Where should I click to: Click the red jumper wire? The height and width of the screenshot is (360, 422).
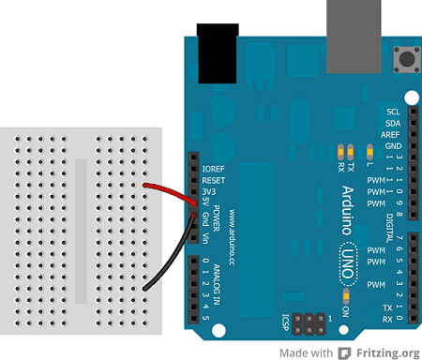[x=169, y=191]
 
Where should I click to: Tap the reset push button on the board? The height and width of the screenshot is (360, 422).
[x=408, y=60]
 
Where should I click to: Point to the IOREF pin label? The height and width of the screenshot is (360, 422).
[x=213, y=168]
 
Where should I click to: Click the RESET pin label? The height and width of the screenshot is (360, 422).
[x=213, y=178]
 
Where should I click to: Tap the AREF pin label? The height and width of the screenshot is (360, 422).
[x=391, y=134]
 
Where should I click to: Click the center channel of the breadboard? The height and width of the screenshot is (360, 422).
[x=83, y=231]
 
